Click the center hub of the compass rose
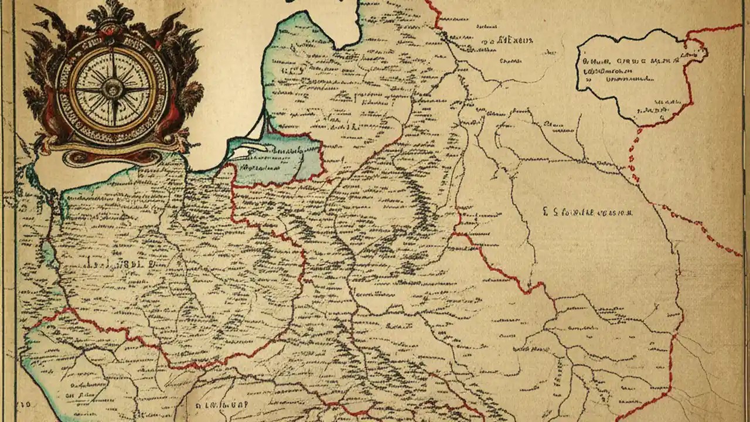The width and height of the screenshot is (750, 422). pos(111,89)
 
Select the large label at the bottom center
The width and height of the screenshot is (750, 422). pos(223,405)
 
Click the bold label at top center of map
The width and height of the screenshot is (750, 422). pos(507,41)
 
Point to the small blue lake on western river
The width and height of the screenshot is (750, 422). pos(47,252)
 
